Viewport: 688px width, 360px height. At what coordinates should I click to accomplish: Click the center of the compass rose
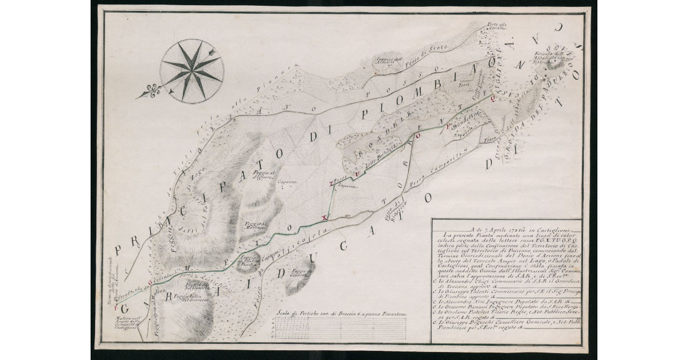tap(192, 71)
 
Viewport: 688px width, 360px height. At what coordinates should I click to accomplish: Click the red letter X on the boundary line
tap(324, 218)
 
